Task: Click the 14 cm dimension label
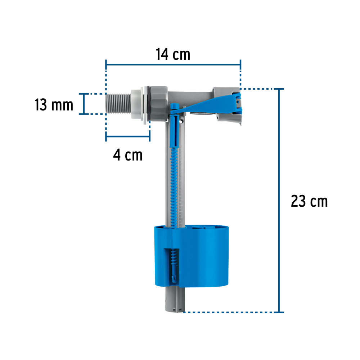pos(173,54)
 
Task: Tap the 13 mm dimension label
pos(54,105)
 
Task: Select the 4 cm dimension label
pos(127,155)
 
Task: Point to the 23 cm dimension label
pos(309,201)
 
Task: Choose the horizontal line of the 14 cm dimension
pos(173,65)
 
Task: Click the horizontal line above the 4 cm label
pos(127,136)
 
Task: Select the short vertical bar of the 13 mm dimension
pos(85,104)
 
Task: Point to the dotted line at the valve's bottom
pos(230,312)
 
